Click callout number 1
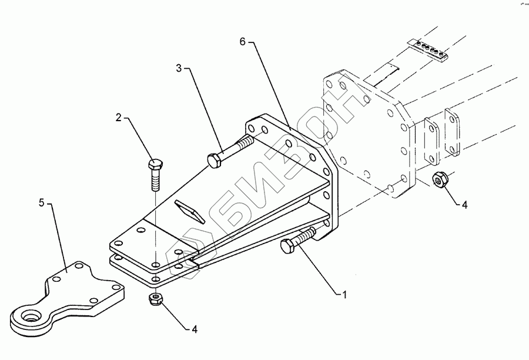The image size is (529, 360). coord(347,293)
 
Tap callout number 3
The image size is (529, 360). coord(179,68)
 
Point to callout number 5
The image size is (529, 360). coord(41,203)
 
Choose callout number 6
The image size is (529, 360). coord(242,42)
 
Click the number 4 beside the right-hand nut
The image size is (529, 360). coord(464,205)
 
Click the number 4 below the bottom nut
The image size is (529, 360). coord(195,329)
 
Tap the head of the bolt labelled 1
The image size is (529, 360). coord(287,248)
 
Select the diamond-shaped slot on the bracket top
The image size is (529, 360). coord(189,211)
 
